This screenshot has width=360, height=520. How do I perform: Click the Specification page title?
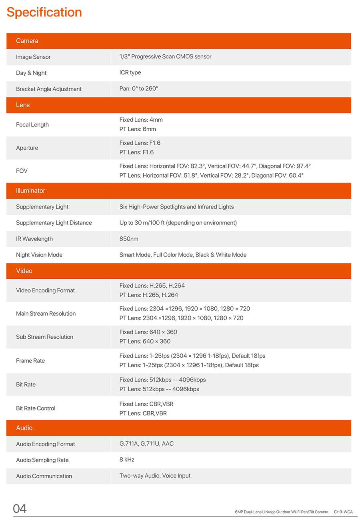44,12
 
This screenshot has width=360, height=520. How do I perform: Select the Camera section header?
27,41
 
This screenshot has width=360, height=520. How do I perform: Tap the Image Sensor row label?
33,57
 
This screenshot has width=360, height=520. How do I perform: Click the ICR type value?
130,73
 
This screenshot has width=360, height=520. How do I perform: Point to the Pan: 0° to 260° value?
139,89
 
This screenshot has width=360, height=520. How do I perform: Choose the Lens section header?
23,105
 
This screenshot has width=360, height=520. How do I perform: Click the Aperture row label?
27,148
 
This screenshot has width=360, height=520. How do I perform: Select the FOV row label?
22,171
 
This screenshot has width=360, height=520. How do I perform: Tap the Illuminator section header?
30,191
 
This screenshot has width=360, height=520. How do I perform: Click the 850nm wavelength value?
129,239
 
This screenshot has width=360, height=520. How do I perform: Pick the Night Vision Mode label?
39,255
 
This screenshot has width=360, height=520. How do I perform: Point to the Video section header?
24,271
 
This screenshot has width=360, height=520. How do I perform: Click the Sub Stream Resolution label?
45,337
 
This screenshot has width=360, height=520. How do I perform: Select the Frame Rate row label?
30,361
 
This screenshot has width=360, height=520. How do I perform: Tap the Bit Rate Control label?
36,408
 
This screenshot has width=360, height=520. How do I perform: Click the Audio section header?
24,428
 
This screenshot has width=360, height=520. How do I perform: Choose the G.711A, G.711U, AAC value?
146,444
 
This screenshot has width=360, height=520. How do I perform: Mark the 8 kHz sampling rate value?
127,460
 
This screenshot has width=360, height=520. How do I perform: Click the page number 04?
20,509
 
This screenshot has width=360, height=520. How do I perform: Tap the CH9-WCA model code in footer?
343,512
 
